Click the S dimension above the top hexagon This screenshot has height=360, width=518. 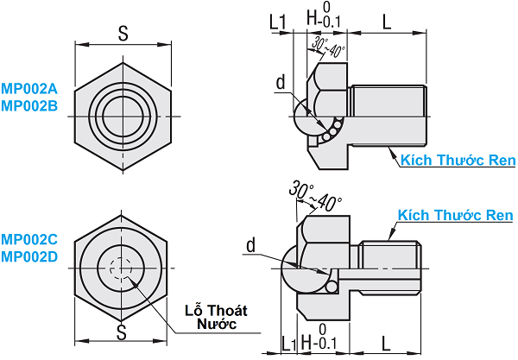[123, 33]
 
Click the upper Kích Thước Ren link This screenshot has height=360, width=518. [458, 160]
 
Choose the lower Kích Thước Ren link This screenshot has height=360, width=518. [455, 215]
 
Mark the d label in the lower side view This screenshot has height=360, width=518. [250, 246]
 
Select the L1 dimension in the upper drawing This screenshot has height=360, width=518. [278, 19]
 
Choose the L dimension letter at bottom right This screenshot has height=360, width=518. [385, 343]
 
